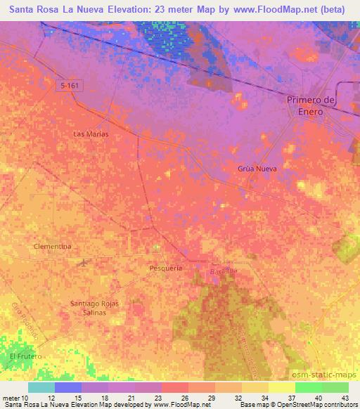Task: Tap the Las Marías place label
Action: click(x=91, y=134)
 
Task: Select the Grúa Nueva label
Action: click(x=257, y=169)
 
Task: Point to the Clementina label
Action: click(x=53, y=247)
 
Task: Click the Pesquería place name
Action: click(x=167, y=268)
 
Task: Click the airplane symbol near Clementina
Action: click(x=84, y=263)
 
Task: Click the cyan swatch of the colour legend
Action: click(x=41, y=387)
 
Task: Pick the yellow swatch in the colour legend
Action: click(x=281, y=387)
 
